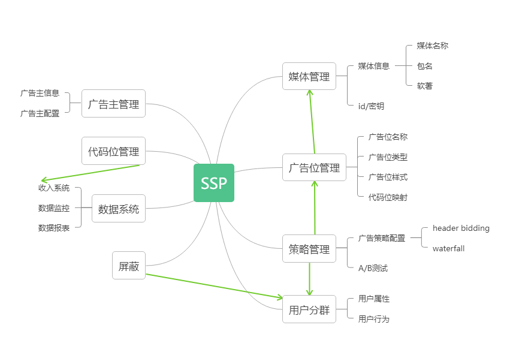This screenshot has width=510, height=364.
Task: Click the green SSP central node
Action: (x=214, y=183)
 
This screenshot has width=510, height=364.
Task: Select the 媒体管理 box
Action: (x=309, y=76)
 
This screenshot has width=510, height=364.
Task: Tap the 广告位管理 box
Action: (x=315, y=167)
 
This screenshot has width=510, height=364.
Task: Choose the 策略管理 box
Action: (x=309, y=249)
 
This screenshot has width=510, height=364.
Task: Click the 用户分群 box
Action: (x=309, y=310)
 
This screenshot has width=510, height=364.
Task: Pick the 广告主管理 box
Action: (x=113, y=104)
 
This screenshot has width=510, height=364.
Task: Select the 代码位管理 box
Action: (x=113, y=151)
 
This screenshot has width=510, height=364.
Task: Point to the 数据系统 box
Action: (x=119, y=209)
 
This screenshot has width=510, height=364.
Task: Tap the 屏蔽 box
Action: (x=129, y=266)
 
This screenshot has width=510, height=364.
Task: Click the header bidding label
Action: (x=461, y=228)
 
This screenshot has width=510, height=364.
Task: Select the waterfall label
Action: (x=448, y=248)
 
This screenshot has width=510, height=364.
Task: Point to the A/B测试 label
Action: (x=373, y=268)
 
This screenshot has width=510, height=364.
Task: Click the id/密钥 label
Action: (x=371, y=106)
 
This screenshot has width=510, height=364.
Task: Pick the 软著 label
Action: (x=425, y=86)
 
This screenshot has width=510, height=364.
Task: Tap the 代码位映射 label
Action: (x=388, y=197)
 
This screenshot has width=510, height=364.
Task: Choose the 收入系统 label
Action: (x=54, y=188)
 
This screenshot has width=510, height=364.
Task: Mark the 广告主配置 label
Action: (x=40, y=113)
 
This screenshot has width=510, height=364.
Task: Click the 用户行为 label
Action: (x=374, y=319)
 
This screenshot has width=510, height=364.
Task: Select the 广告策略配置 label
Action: (x=382, y=238)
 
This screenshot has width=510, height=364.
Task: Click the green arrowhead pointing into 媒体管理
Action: (x=310, y=92)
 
